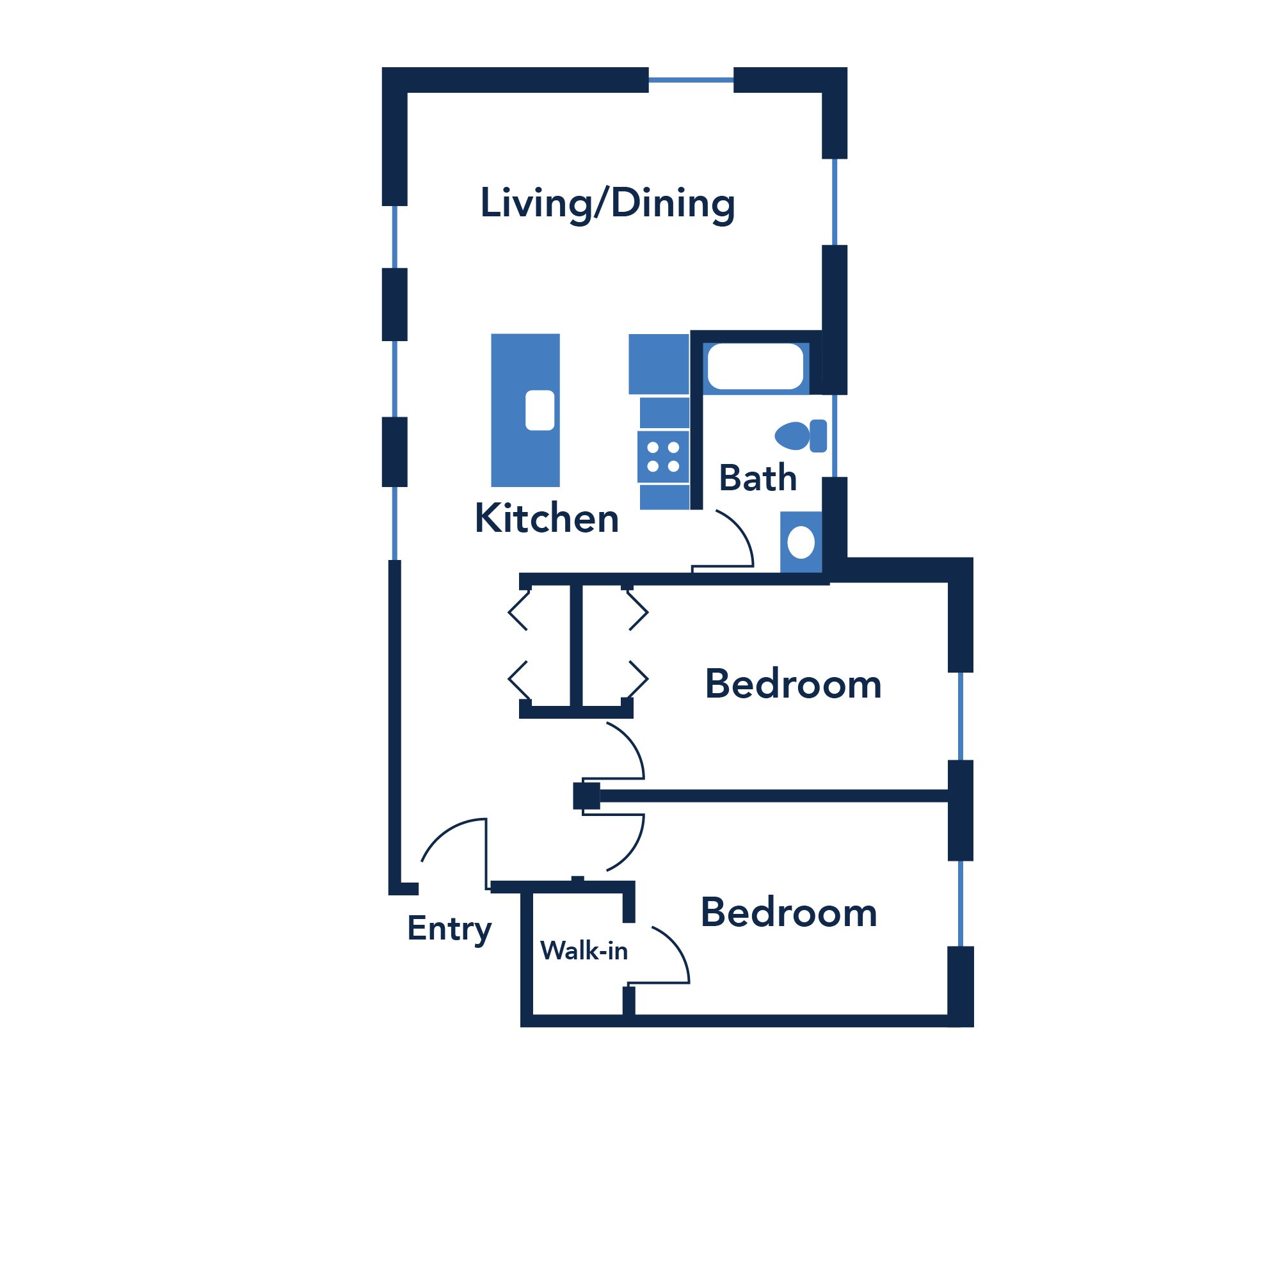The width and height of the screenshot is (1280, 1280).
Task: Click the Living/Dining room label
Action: coord(607,204)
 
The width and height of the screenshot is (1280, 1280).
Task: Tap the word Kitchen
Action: coord(547,518)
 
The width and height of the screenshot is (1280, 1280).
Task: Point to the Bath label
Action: coord(757,477)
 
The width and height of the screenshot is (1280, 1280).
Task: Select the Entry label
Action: coord(449,929)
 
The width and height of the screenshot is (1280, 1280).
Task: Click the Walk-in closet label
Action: coord(584,951)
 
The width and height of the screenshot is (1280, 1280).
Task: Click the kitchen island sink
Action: coord(540,410)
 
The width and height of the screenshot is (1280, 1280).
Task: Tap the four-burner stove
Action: coord(663,457)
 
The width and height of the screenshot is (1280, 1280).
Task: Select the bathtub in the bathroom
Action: coord(755,365)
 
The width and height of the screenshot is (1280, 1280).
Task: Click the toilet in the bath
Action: coord(801,436)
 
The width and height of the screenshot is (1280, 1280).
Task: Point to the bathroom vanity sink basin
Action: coord(801,543)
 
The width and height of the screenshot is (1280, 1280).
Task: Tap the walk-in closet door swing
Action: coord(676,947)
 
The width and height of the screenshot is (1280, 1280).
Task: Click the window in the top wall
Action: coord(691,80)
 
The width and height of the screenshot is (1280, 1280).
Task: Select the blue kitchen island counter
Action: coord(525,410)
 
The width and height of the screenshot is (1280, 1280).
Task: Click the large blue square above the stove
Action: coord(659,364)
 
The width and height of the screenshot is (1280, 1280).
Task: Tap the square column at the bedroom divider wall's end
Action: coord(586,796)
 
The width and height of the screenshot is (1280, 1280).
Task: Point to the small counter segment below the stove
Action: coord(664,497)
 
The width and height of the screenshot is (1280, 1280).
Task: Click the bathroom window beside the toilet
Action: coord(835,435)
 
